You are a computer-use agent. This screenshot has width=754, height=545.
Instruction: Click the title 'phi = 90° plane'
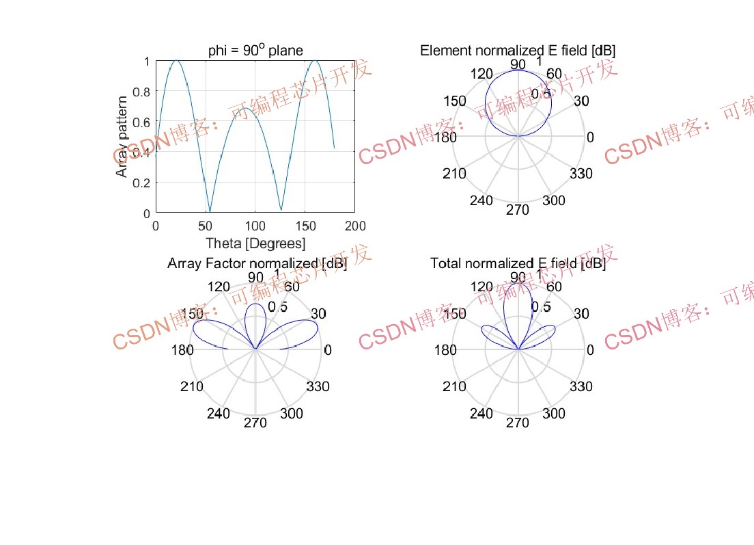coord(255,50)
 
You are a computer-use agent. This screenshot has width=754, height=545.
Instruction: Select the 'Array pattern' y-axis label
coord(122,137)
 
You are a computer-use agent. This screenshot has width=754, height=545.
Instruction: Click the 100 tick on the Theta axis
coord(255,226)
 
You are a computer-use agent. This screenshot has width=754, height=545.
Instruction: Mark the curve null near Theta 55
coord(210,211)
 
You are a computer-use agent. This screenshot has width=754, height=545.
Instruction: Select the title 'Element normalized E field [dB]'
coord(518,50)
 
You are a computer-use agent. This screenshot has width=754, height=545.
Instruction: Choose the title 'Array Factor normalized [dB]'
coord(257,263)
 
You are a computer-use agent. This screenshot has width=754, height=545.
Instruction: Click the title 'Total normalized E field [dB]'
coord(518,263)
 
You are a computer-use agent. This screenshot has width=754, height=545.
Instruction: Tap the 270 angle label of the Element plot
coord(518,210)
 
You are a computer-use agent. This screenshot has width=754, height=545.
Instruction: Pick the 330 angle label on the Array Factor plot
coord(318,386)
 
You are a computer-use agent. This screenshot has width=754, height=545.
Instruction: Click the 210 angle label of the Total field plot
coord(454,386)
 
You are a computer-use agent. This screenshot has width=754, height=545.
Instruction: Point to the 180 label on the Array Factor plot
coord(182,350)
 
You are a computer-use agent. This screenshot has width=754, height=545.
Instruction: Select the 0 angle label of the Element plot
coord(590,137)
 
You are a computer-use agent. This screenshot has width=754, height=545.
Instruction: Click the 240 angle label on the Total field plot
coord(481,413)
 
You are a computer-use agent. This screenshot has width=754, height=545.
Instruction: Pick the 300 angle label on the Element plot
coord(553,200)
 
